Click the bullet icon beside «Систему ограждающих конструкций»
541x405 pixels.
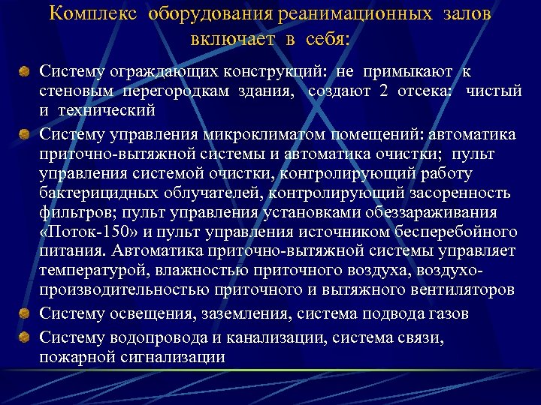(x=24, y=72)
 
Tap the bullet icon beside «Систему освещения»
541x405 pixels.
(x=24, y=312)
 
